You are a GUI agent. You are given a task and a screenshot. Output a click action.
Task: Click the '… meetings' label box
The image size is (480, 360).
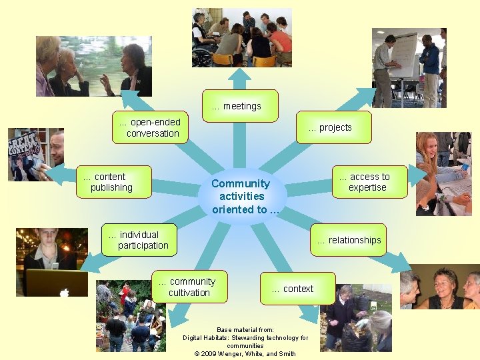coord(240,106)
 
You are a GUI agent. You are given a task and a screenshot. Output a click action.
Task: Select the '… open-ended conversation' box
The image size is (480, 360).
coord(150,127)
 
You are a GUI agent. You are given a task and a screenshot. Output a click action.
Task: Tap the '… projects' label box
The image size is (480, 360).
coord(333,127)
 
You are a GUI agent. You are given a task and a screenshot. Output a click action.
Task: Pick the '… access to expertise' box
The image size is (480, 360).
coord(369,182)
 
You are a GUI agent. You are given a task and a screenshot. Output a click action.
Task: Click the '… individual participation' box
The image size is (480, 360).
coord(141,240)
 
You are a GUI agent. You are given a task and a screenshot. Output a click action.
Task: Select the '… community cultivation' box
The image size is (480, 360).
coord(189,287)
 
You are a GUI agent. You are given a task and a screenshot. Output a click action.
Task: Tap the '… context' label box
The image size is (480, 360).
coord(297,289)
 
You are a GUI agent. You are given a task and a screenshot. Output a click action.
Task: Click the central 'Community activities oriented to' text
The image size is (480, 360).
coord(241,196)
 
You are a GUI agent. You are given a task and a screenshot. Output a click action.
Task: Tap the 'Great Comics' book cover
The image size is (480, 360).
coord(23,151)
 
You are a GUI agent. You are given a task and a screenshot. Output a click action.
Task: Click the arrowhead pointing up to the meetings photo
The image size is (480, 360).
coord(241,75)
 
